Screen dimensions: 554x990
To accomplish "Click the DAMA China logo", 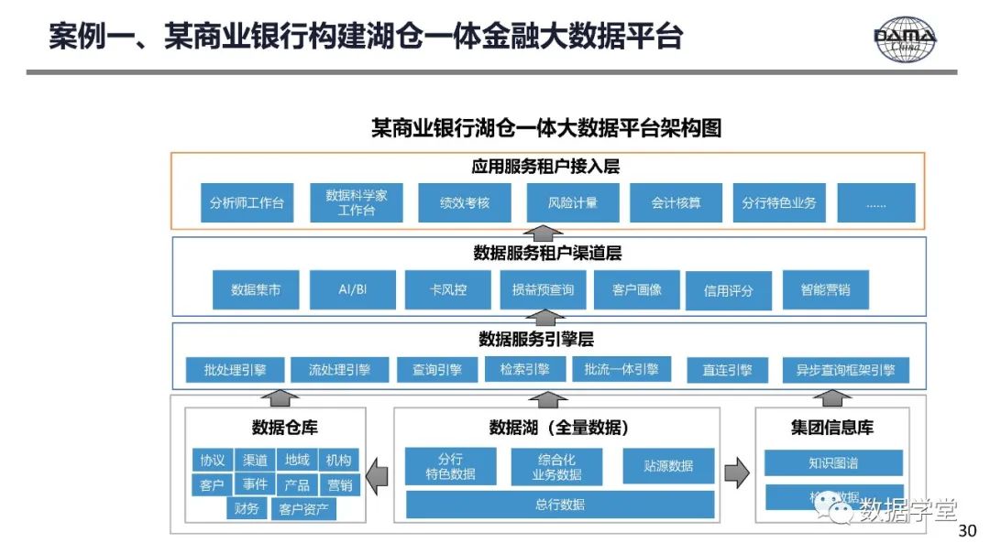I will click(x=905, y=40).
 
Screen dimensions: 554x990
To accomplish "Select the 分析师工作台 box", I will click(x=247, y=202).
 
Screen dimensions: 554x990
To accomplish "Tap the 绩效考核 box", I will click(x=465, y=202).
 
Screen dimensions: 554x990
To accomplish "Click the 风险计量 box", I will click(x=572, y=202).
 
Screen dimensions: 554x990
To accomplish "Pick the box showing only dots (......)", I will click(x=875, y=202).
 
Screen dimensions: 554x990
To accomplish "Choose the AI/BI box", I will click(x=353, y=289).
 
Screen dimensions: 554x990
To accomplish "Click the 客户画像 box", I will click(x=636, y=289).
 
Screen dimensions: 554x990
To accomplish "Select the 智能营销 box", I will click(x=825, y=289).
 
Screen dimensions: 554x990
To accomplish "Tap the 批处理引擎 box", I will click(x=235, y=370).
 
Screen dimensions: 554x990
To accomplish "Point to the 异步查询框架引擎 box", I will click(x=845, y=370).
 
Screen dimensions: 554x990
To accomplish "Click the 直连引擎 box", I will click(x=727, y=370).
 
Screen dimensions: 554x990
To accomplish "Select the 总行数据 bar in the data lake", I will click(x=560, y=505).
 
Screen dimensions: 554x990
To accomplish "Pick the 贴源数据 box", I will click(x=668, y=465).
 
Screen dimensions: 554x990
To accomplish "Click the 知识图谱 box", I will click(x=833, y=462).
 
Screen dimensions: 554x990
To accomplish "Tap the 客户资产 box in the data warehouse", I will click(x=304, y=509).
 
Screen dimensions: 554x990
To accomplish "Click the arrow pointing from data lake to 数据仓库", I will click(x=377, y=474).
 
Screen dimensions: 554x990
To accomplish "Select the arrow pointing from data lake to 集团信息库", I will click(x=737, y=474).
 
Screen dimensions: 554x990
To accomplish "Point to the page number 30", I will click(x=967, y=532).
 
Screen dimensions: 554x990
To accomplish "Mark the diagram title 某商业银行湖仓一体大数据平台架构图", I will click(x=546, y=128).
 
